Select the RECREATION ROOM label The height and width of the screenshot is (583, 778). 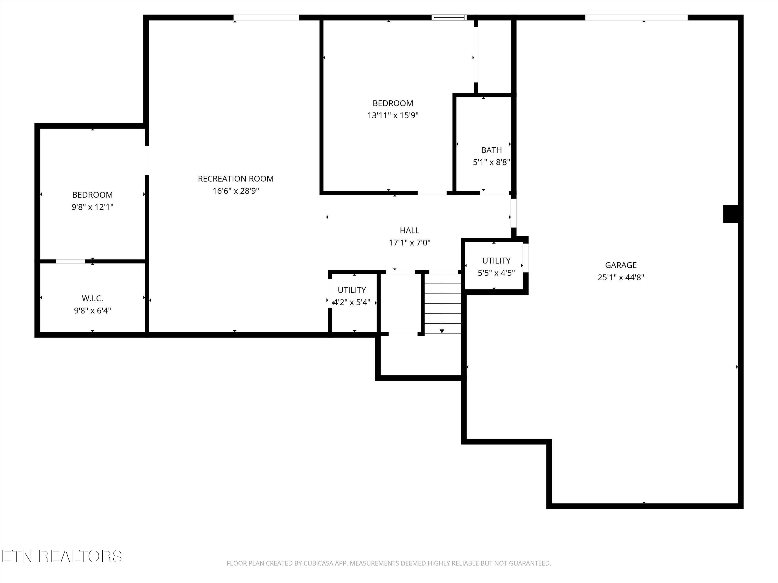coord(236,179)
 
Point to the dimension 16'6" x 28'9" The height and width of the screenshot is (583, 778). coord(236,191)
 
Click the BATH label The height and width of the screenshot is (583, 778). coord(491,150)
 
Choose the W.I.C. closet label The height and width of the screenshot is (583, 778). coord(93,298)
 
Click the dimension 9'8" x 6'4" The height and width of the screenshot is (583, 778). coord(93,311)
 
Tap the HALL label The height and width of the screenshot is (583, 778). coord(409,230)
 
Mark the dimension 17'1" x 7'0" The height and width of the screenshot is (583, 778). coord(409,243)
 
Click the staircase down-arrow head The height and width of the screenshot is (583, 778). coord(442,331)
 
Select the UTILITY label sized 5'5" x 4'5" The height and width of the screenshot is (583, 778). coord(496,260)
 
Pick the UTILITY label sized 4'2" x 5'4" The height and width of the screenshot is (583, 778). coord(352,290)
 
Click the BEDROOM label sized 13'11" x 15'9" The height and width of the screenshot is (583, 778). coord(393,103)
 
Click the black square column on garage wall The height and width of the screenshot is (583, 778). coord(731,214)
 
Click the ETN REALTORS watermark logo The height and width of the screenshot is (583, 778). coord(62,556)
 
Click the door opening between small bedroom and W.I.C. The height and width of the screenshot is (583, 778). coord(70,261)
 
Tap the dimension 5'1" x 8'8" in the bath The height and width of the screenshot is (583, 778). coord(491,162)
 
